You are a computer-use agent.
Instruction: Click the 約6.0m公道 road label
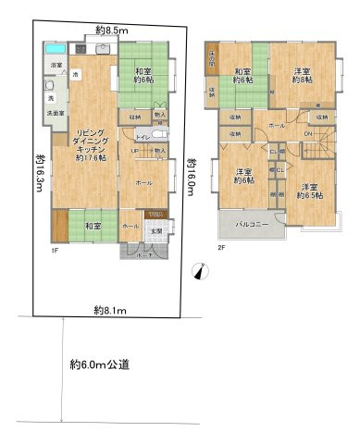point(104,364)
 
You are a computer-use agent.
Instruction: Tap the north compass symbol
point(202,271)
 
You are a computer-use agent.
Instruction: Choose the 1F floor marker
point(55,249)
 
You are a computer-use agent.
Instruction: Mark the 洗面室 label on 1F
point(45,112)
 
